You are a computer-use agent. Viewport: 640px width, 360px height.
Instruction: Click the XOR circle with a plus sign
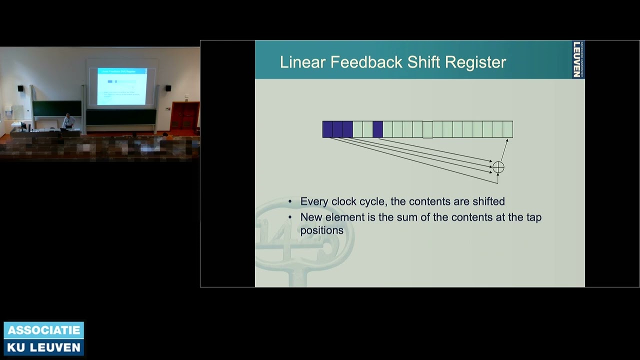point(498,167)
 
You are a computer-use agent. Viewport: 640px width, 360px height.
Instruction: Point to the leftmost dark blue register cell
point(327,129)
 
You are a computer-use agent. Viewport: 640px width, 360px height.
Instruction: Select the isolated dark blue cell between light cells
point(377,129)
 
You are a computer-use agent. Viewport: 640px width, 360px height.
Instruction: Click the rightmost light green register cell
point(507,129)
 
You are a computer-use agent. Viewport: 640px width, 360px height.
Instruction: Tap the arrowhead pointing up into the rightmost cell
point(506,141)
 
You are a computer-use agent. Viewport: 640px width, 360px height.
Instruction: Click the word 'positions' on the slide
point(321,230)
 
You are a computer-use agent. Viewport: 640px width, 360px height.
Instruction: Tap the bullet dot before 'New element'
point(290,217)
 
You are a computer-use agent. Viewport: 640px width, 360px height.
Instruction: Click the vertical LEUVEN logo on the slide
point(577,59)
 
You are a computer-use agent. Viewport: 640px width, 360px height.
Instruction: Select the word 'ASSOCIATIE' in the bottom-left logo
point(44,330)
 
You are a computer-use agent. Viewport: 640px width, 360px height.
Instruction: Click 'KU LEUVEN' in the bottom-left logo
point(44,347)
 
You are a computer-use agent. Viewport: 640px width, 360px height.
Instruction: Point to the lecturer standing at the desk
point(68,121)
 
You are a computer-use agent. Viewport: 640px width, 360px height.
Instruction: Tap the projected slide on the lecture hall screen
point(122,86)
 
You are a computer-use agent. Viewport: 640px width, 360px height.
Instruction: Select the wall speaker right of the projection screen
point(168,88)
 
